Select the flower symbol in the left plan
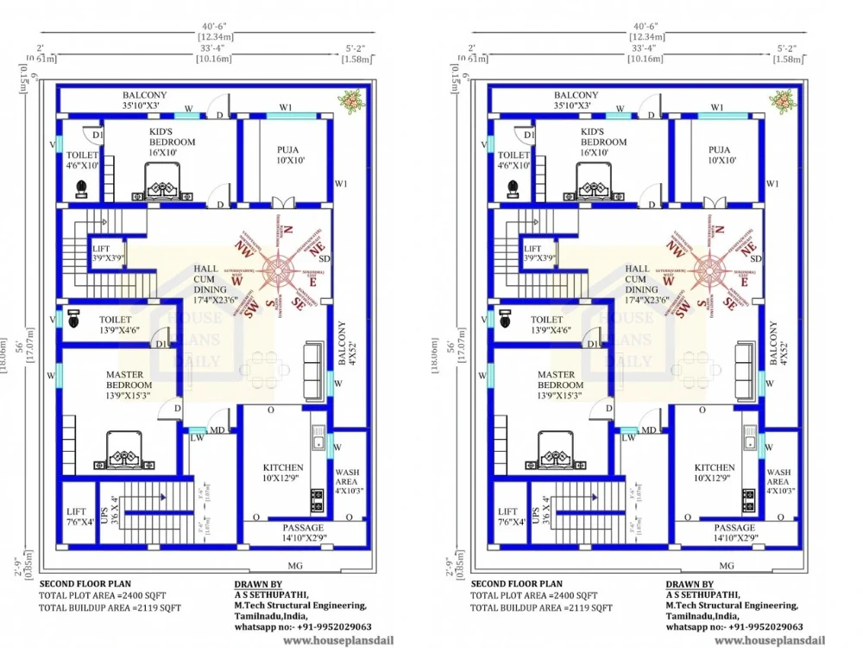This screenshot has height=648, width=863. (350, 102)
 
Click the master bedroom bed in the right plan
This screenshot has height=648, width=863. (553, 449)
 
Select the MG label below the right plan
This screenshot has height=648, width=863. (726, 565)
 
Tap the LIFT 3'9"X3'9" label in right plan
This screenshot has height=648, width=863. (539, 253)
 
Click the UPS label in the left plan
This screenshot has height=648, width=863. (104, 516)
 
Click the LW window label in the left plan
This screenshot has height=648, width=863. (196, 438)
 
